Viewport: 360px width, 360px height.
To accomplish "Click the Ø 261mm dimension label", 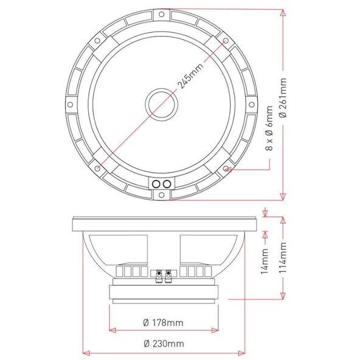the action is tap(284, 97).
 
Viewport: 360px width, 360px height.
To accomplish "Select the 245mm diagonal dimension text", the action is tap(191, 76).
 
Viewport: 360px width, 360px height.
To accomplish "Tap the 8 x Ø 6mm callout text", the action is tap(269, 128).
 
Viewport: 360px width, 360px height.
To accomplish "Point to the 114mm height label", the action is tap(283, 257).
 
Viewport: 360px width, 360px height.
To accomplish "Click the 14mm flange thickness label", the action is tap(265, 261).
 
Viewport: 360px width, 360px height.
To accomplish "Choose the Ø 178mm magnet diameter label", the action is tap(163, 323).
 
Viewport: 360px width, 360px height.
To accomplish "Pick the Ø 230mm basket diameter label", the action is tap(164, 344).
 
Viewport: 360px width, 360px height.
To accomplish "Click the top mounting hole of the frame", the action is tap(162, 14).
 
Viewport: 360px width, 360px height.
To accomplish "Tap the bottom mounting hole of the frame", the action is tap(162, 195).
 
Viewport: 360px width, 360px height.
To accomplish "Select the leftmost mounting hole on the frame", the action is tap(71, 105).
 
